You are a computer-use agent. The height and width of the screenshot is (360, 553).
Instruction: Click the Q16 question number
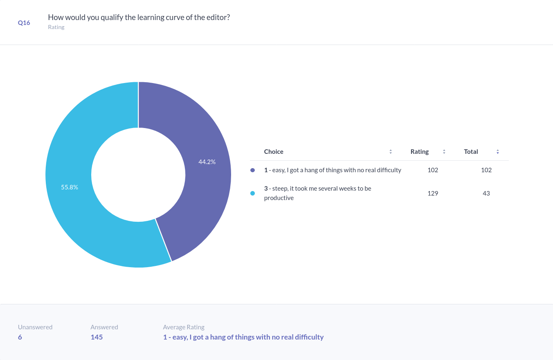click(24, 23)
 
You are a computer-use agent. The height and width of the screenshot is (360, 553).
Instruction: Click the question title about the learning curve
click(139, 18)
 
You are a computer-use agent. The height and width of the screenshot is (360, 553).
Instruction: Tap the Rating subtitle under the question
click(56, 27)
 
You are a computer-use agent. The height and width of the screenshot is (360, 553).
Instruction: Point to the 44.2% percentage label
click(207, 162)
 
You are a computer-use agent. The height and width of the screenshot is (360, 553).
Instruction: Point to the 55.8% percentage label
click(70, 187)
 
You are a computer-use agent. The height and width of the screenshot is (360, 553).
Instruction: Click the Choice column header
click(274, 152)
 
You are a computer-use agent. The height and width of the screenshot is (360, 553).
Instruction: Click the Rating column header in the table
click(420, 152)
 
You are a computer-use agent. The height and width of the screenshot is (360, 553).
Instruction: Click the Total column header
click(471, 152)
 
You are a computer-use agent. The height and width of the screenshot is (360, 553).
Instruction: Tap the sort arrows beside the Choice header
click(391, 152)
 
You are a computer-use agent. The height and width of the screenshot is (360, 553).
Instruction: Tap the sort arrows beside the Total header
click(498, 152)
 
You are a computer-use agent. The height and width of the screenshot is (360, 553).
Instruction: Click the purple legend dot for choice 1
click(252, 170)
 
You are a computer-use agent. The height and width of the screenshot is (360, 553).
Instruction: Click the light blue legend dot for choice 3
click(252, 193)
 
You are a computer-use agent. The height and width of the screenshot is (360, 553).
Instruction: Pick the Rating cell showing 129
click(433, 193)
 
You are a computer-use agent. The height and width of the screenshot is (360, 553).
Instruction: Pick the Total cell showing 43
click(486, 193)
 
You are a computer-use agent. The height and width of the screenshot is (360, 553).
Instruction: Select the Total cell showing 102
click(486, 170)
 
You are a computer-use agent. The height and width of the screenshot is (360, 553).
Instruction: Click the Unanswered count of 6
click(20, 337)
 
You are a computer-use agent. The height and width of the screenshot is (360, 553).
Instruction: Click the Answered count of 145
click(97, 337)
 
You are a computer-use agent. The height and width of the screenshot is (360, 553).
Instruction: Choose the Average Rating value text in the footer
click(243, 337)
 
